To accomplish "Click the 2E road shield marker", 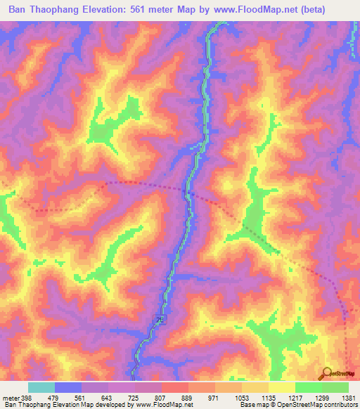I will (x=160, y=320).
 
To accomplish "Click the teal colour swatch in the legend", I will (x=41, y=388).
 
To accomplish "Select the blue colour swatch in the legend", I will (x=68, y=388).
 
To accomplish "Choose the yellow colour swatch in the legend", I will (x=282, y=388).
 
